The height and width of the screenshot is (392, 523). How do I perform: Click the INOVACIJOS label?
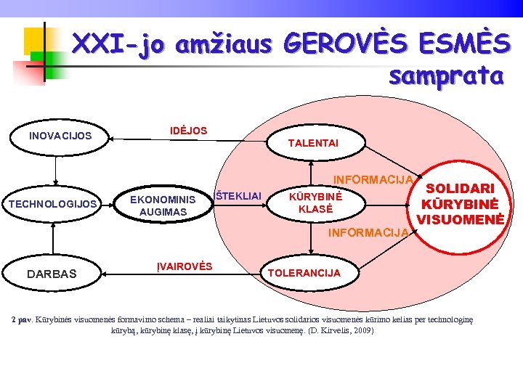point(60,136)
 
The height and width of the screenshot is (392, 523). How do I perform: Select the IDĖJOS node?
point(188,131)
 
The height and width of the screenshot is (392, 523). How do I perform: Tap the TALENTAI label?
point(312,144)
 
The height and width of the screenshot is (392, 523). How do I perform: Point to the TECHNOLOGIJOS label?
point(52,204)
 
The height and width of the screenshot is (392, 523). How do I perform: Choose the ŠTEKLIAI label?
point(238,195)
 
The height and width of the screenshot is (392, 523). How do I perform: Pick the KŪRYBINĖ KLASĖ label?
point(315,203)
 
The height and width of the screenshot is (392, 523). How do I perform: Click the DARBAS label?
point(52,274)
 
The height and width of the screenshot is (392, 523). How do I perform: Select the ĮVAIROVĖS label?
point(185,266)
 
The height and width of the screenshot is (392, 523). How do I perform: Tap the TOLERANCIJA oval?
point(304,273)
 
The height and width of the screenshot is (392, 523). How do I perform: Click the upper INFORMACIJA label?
point(373,179)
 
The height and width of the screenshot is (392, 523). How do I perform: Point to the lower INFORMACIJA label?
point(368,233)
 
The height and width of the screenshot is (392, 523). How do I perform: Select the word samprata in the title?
point(446,75)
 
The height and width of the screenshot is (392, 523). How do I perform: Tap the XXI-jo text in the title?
point(118,45)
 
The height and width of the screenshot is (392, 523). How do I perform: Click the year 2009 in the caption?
point(364,330)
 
